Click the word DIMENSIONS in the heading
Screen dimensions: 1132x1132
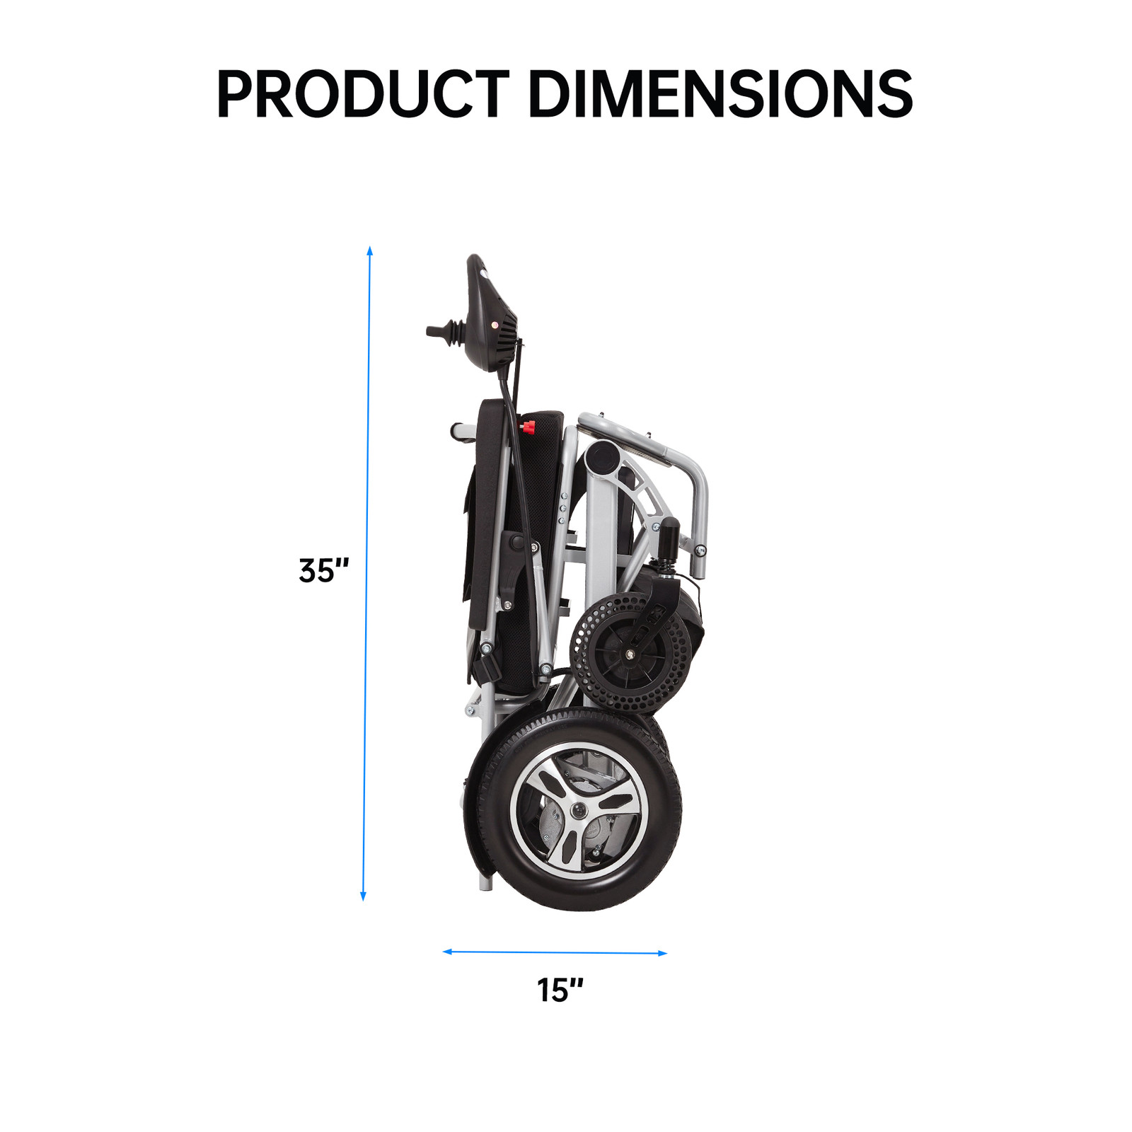(721, 93)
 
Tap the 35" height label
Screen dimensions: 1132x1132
(324, 570)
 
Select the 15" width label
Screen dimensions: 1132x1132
(560, 990)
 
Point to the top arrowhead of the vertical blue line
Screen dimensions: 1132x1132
(369, 250)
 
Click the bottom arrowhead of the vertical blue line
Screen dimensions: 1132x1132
(364, 896)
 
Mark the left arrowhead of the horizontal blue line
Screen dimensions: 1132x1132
(447, 952)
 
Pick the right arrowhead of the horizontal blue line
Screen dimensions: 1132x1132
(662, 954)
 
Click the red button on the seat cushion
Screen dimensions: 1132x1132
(529, 426)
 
